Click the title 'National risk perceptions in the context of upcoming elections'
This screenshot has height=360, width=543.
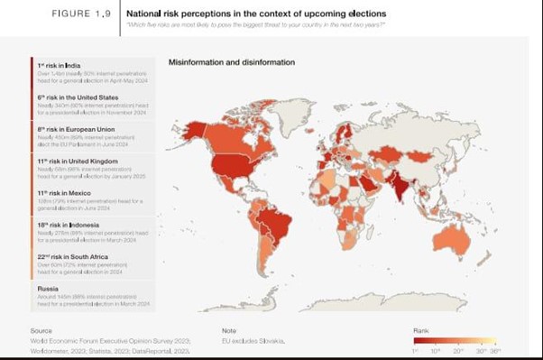256,14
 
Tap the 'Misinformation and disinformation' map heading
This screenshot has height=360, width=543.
232,62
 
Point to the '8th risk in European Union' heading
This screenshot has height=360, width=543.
76,129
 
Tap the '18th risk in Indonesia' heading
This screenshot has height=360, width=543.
68,225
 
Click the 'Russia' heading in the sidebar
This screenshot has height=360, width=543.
49,289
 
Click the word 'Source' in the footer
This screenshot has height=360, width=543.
41,331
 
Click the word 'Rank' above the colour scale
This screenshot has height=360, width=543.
421,331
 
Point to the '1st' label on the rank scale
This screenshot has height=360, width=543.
416,350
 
